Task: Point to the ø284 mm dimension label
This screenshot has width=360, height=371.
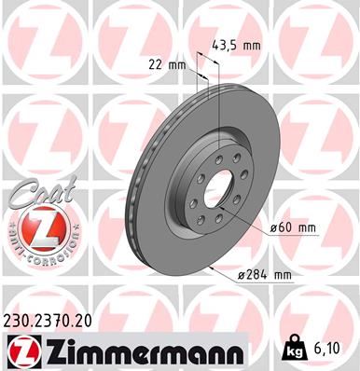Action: pyautogui.click(x=268, y=275)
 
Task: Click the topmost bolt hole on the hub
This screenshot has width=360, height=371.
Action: pyautogui.click(x=215, y=157)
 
